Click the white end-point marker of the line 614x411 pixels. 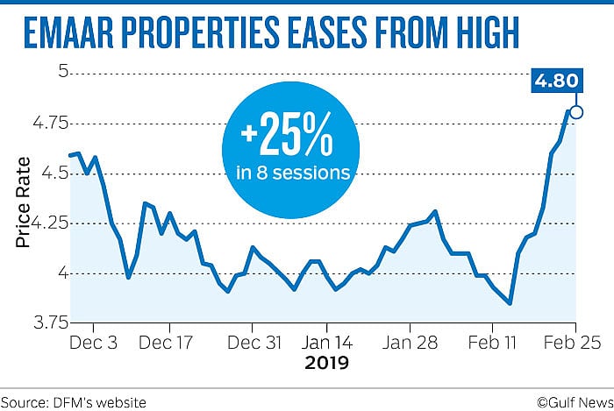tap(576, 111)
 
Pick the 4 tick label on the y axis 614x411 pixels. tap(62, 273)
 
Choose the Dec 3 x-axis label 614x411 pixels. tap(92, 342)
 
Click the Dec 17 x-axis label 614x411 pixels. tap(166, 342)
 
